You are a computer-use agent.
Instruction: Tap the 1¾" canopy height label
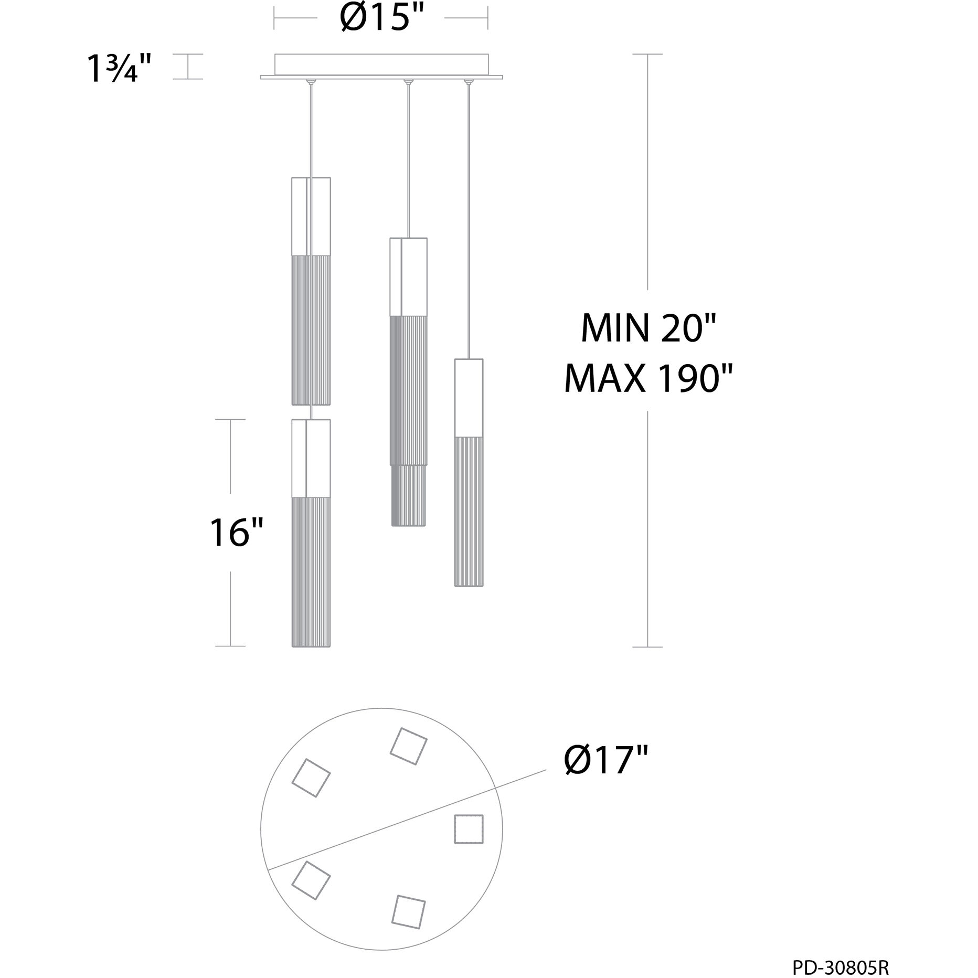[x=120, y=68]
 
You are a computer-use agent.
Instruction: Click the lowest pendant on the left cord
[x=311, y=533]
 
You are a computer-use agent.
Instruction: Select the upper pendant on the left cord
[x=311, y=291]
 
